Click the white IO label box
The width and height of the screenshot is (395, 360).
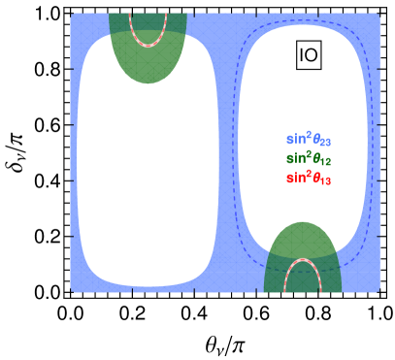tap(309, 55)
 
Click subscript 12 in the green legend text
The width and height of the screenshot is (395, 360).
tap(326, 162)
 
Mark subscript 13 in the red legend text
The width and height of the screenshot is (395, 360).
tap(326, 181)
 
